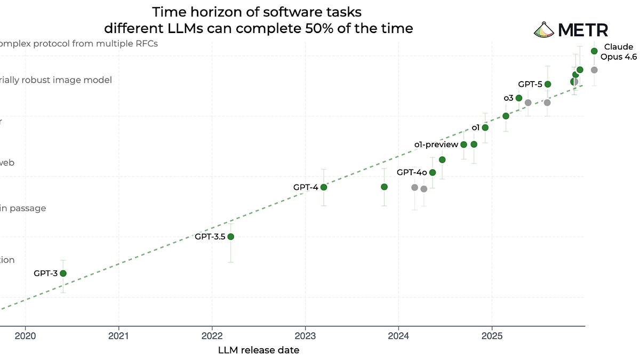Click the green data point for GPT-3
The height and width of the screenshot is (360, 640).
[63, 273]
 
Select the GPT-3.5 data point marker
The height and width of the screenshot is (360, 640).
[230, 236]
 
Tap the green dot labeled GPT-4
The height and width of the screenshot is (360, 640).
[323, 187]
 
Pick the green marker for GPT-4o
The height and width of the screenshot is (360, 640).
[433, 172]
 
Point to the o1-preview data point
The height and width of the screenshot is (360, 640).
[464, 145]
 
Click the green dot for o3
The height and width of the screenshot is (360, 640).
[519, 98]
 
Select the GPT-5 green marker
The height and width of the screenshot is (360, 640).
[548, 84]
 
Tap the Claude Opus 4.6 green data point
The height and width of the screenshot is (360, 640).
[594, 51]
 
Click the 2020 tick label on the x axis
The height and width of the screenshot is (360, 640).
[25, 337]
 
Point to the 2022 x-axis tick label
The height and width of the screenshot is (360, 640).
[212, 337]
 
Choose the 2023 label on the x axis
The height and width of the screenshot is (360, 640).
[305, 337]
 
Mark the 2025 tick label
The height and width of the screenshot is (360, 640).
[492, 337]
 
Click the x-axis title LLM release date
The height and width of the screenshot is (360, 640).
[259, 350]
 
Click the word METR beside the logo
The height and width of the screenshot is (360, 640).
[583, 30]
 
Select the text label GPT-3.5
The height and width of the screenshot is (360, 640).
[210, 236]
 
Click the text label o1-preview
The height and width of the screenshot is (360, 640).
[436, 145]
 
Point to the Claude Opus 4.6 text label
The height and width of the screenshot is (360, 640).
[619, 52]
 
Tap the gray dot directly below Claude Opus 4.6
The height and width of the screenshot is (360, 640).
[594, 70]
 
